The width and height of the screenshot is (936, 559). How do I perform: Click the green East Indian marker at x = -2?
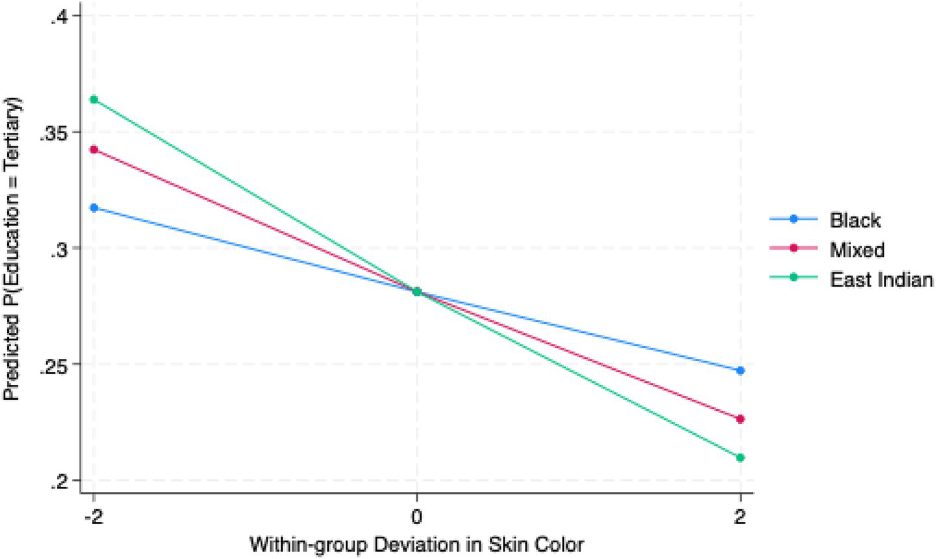(94, 99)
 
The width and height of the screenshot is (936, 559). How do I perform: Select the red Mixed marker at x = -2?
(94, 149)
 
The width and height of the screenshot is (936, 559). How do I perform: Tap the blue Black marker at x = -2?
(94, 208)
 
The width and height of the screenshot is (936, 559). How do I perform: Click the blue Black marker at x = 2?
(740, 370)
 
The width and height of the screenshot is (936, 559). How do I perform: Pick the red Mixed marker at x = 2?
(740, 419)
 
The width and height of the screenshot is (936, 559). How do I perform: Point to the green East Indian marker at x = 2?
(740, 458)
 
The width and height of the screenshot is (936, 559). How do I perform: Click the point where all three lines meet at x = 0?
(417, 291)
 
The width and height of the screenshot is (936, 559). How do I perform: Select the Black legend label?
(855, 220)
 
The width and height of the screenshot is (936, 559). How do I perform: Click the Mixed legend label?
(857, 250)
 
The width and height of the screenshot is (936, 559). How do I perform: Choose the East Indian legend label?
(881, 279)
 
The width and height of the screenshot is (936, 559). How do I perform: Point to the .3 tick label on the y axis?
(62, 248)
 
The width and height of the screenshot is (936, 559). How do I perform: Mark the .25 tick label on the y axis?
(57, 364)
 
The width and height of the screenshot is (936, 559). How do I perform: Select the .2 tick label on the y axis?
(62, 480)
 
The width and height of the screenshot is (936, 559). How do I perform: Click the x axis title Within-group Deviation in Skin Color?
(417, 544)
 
